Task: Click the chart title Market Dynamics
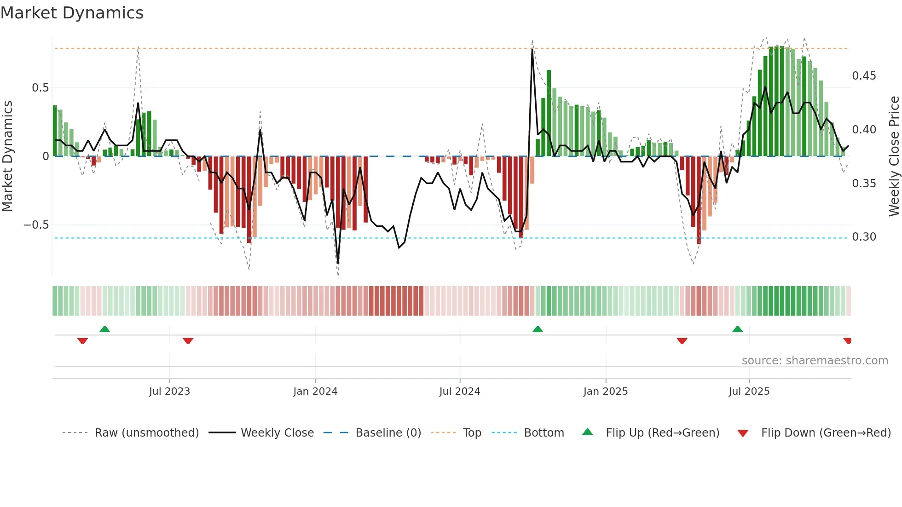coord(72,13)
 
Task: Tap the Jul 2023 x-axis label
coord(169,392)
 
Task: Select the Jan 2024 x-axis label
coord(315,392)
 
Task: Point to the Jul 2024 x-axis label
coord(459,392)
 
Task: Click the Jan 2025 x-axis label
coord(605,392)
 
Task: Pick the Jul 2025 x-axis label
coord(749,392)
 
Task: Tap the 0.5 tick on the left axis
coord(40,88)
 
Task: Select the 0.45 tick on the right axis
coord(864,76)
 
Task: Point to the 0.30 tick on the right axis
coord(864,237)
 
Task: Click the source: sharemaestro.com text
coord(815,361)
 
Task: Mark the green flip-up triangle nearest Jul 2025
coord(737,329)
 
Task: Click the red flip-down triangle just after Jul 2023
coord(188,341)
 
